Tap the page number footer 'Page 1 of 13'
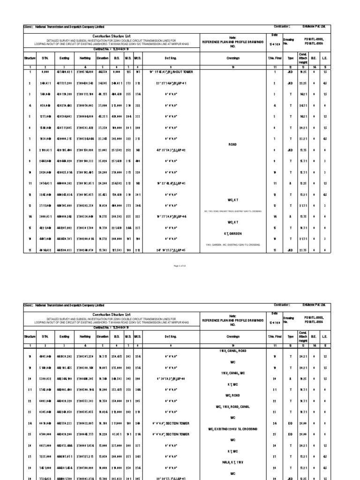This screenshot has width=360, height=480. pos(180,265)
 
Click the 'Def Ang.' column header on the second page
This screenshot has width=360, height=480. pos(170,336)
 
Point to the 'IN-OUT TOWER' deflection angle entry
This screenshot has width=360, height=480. pos(170,72)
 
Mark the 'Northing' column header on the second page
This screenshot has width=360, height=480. pos(85,336)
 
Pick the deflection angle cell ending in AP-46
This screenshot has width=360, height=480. pos(170,378)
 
